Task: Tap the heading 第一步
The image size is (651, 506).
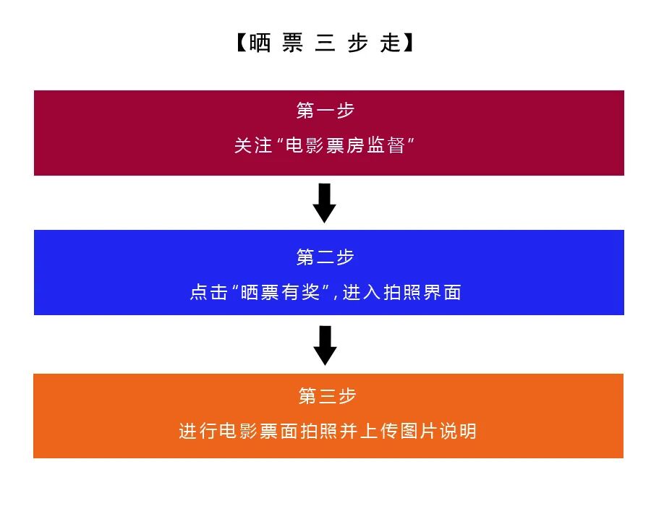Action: (325, 111)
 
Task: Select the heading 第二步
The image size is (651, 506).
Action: (325, 257)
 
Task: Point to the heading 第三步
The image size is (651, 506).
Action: (328, 396)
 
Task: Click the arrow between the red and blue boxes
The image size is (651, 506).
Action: (325, 202)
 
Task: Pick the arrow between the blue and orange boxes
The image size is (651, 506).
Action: (325, 345)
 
